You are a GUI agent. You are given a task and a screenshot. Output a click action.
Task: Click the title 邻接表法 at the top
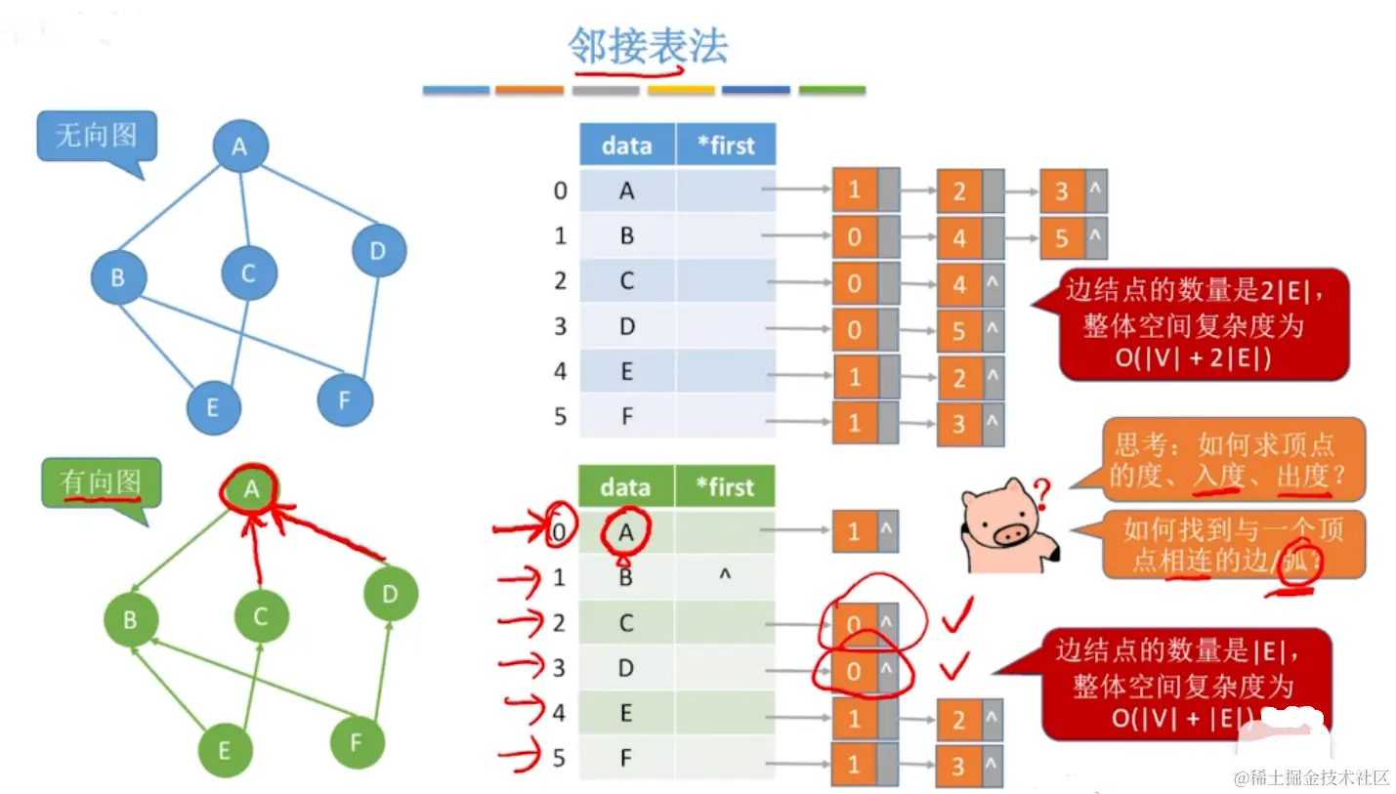pos(649,46)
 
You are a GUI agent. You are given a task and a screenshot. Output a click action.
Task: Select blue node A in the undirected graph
pos(239,146)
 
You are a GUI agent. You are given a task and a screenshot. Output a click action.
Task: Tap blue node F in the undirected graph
pos(345,398)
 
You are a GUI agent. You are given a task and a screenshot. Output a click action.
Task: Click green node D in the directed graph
pos(390,593)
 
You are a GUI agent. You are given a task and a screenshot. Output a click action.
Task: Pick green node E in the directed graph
pos(225,750)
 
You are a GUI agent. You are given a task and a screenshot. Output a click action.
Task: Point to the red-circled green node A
pos(251,488)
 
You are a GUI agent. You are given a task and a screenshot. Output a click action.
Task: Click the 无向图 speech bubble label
pos(96,136)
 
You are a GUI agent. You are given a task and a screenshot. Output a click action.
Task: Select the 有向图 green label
pos(101,481)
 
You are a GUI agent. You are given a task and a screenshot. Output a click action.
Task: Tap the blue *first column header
pos(726,146)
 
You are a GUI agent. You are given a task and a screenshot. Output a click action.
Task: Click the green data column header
pos(625,486)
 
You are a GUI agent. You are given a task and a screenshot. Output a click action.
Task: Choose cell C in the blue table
pos(627,281)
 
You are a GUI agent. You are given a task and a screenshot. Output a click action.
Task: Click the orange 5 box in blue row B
pos(1062,237)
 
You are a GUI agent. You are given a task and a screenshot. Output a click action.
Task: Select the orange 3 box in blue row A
pos(1062,191)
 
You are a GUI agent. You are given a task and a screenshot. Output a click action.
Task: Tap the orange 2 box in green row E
pos(958,720)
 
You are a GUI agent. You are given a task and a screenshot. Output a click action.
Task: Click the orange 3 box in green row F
pos(958,765)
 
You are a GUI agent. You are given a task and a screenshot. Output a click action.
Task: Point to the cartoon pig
pos(1006,527)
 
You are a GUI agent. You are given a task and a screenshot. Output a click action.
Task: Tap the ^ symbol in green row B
pos(725,576)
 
